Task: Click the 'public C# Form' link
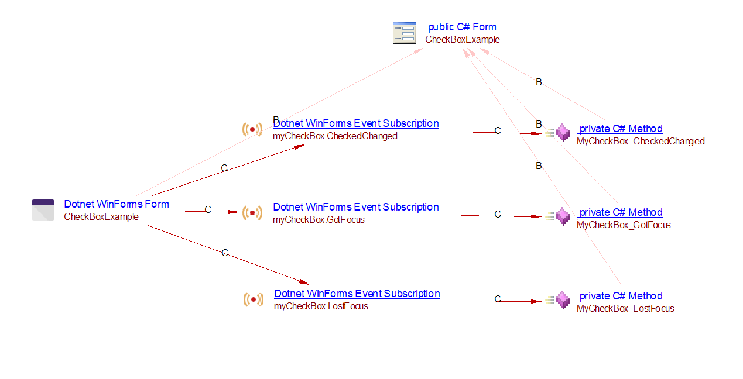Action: click(461, 27)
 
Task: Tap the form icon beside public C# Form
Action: click(404, 33)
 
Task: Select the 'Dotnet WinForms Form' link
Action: click(117, 204)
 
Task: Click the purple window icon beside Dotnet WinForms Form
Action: click(43, 210)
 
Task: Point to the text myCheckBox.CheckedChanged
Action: click(335, 136)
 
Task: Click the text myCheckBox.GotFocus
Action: click(319, 220)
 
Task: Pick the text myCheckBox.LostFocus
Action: click(321, 306)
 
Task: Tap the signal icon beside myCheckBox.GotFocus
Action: click(252, 213)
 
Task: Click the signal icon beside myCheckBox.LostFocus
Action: click(254, 299)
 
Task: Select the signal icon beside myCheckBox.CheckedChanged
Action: click(252, 129)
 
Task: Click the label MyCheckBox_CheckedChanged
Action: click(641, 142)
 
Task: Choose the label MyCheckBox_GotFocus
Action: click(624, 225)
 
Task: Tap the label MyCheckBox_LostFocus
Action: click(625, 309)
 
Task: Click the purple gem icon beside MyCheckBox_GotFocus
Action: click(563, 216)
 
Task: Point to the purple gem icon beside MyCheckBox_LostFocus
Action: click(563, 300)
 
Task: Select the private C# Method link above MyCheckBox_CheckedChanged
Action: click(621, 129)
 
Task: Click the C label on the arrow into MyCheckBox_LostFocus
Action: click(498, 299)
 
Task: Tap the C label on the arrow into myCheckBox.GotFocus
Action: click(208, 210)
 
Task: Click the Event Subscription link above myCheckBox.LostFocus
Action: click(357, 294)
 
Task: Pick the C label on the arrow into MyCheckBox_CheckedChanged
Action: click(498, 131)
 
